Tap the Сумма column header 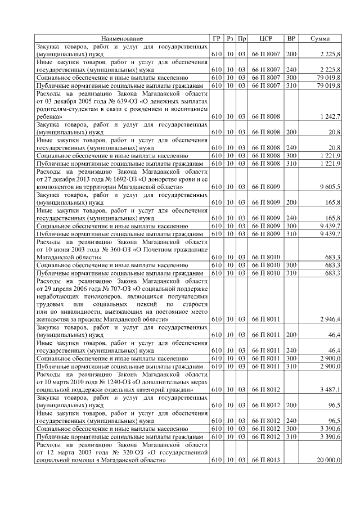click(x=320, y=38)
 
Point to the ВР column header click(x=291, y=38)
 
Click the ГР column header click(x=217, y=38)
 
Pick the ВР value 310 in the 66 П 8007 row click(x=291, y=84)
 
